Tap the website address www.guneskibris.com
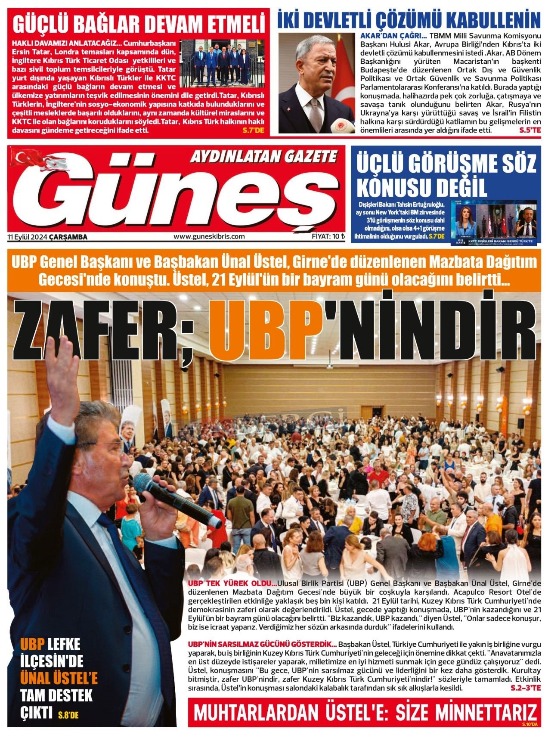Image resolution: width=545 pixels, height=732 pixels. pyautogui.click(x=209, y=236)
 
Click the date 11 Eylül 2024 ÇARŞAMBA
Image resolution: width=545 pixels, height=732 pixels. pyautogui.click(x=47, y=237)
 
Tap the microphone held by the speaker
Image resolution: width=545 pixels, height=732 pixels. pyautogui.click(x=172, y=499)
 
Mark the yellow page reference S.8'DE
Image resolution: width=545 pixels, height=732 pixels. pyautogui.click(x=68, y=716)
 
